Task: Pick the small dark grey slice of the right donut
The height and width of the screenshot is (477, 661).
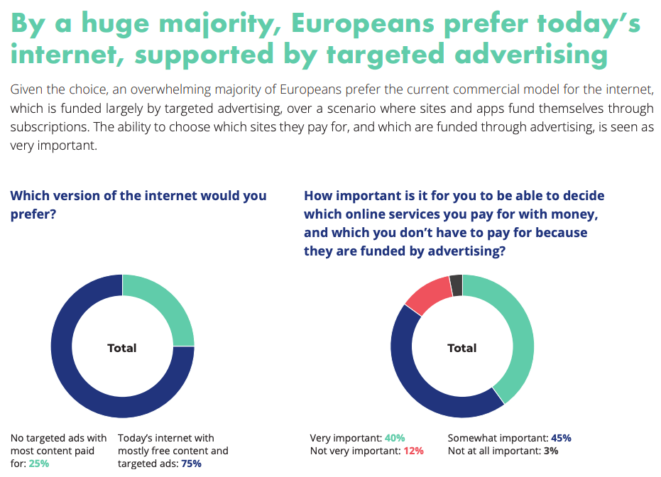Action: pyautogui.click(x=456, y=285)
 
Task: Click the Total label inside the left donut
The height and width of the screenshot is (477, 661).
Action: pyautogui.click(x=122, y=348)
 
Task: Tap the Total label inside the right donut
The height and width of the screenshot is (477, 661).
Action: pyautogui.click(x=462, y=348)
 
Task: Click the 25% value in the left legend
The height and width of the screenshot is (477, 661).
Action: pyautogui.click(x=39, y=464)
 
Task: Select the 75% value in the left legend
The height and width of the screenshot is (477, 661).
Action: pyautogui.click(x=191, y=464)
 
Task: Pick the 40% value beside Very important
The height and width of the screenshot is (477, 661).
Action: pyautogui.click(x=394, y=438)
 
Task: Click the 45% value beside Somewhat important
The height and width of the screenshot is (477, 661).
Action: pyautogui.click(x=560, y=438)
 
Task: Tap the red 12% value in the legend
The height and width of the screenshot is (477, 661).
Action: pyautogui.click(x=413, y=451)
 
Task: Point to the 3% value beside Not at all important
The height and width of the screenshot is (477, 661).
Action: pyautogui.click(x=551, y=451)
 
